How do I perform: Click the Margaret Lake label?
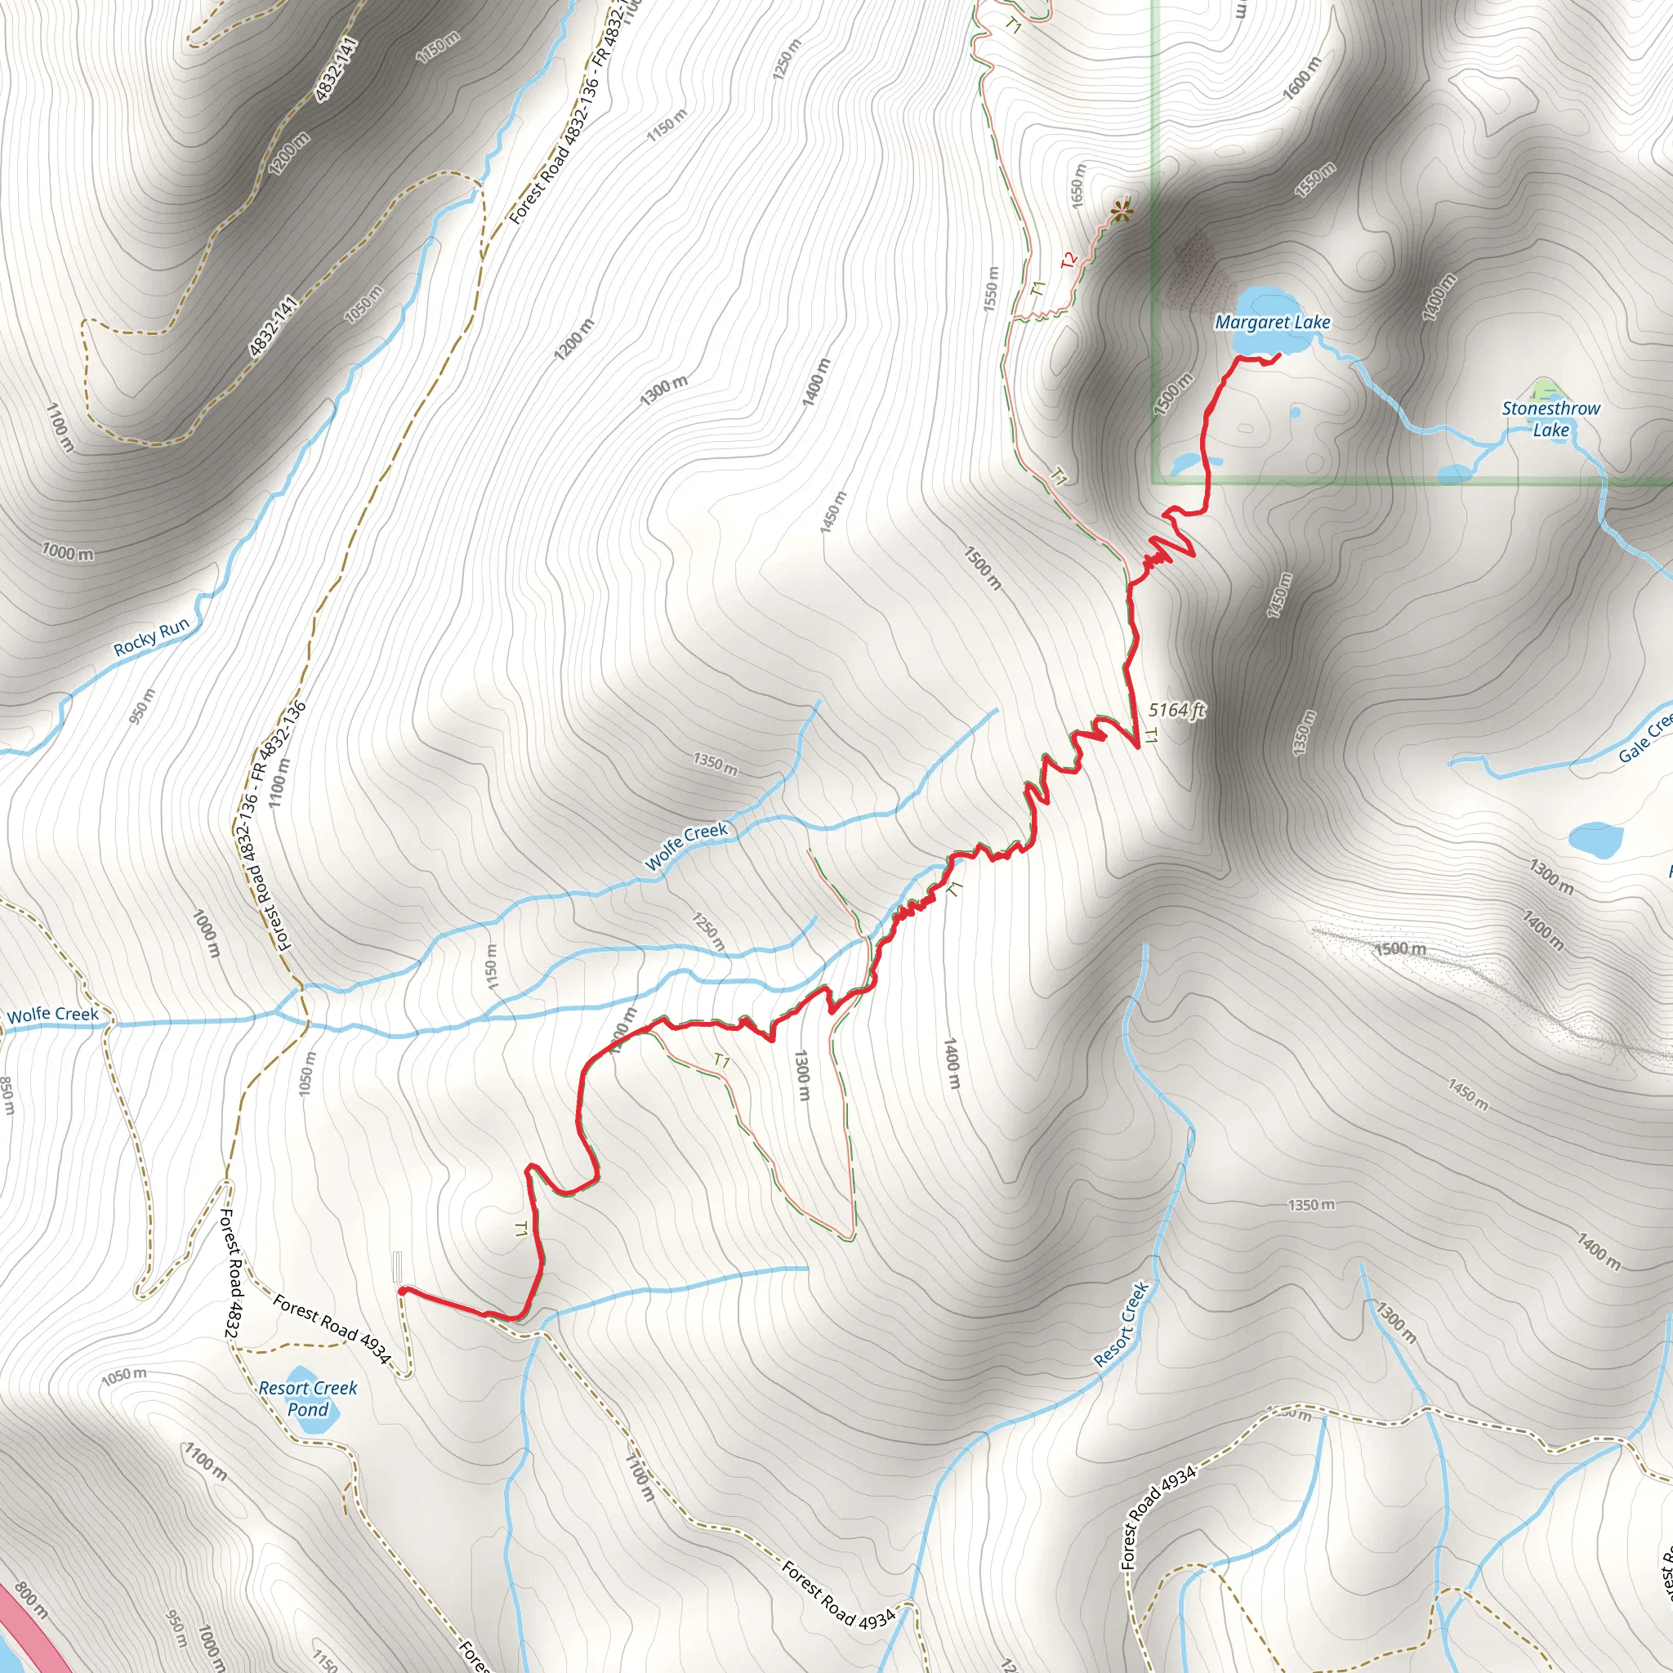[1272, 322]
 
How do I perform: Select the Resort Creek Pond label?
[307, 1399]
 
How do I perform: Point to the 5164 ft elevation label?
[1176, 710]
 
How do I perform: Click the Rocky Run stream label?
[152, 636]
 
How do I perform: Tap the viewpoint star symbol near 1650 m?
[1122, 211]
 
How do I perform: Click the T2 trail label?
[1069, 259]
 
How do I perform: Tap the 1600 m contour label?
[1301, 78]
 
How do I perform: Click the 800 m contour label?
[31, 1600]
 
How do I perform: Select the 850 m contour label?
[7, 1095]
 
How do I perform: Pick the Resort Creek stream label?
[1122, 1325]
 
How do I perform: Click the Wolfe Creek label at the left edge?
[53, 1014]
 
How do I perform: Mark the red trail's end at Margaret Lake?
[1279, 355]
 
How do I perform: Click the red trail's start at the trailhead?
[401, 1289]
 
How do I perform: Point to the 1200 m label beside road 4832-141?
[288, 154]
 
